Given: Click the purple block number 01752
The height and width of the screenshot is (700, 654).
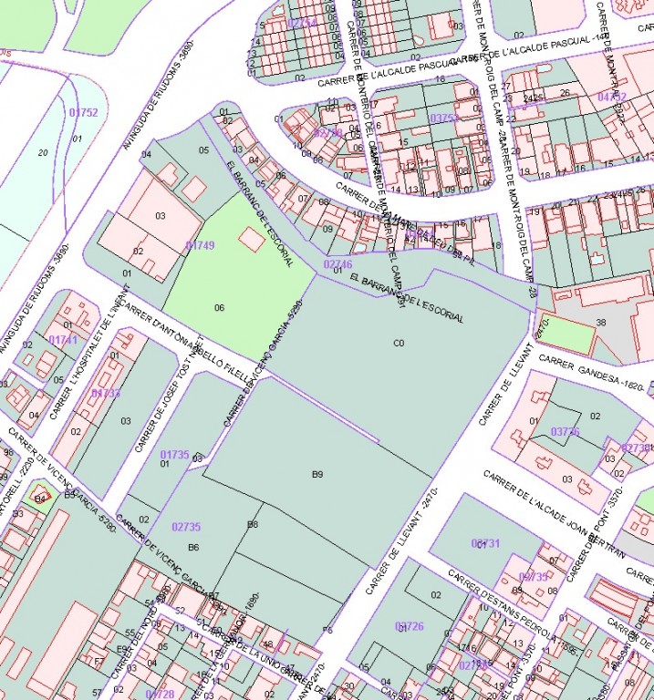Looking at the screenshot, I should pyautogui.click(x=83, y=113).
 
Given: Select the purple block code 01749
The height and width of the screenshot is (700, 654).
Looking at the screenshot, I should pyautogui.click(x=200, y=245).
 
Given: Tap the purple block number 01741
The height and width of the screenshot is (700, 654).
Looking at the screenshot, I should pyautogui.click(x=63, y=340).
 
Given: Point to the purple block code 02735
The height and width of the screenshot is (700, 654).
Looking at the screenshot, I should pyautogui.click(x=186, y=527).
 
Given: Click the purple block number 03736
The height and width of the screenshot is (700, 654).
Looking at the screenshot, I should pyautogui.click(x=566, y=431).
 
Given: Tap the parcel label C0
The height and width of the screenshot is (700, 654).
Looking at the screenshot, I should pyautogui.click(x=399, y=343).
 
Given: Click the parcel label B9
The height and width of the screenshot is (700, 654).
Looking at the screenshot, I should pyautogui.click(x=317, y=474).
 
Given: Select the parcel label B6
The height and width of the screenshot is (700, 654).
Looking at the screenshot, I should pyautogui.click(x=193, y=547).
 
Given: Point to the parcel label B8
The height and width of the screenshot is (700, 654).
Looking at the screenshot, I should pyautogui.click(x=253, y=524).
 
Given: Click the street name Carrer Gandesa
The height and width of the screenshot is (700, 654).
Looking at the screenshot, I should pyautogui.click(x=592, y=373).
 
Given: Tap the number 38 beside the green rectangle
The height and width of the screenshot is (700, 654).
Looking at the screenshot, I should pyautogui.click(x=601, y=323).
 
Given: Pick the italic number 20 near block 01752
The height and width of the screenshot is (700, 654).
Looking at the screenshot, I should pyautogui.click(x=42, y=152).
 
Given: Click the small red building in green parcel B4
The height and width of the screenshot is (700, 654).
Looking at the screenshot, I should pyautogui.click(x=40, y=499).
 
